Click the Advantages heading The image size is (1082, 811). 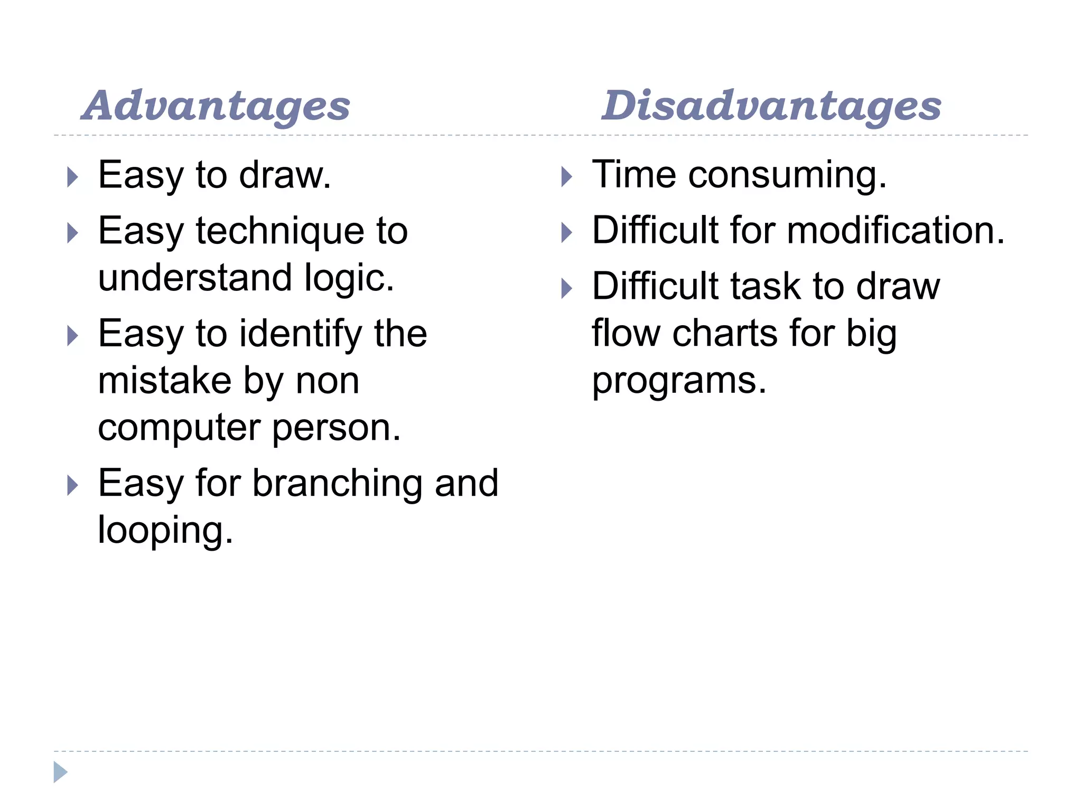(216, 106)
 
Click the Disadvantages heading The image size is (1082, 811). (771, 106)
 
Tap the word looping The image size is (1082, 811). (165, 531)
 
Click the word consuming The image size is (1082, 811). (787, 175)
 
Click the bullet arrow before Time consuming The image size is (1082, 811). (566, 177)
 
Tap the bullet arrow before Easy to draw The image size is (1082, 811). (73, 177)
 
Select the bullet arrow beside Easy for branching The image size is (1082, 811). (73, 485)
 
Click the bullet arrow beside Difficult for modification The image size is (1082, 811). (566, 233)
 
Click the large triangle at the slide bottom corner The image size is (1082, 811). (60, 772)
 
